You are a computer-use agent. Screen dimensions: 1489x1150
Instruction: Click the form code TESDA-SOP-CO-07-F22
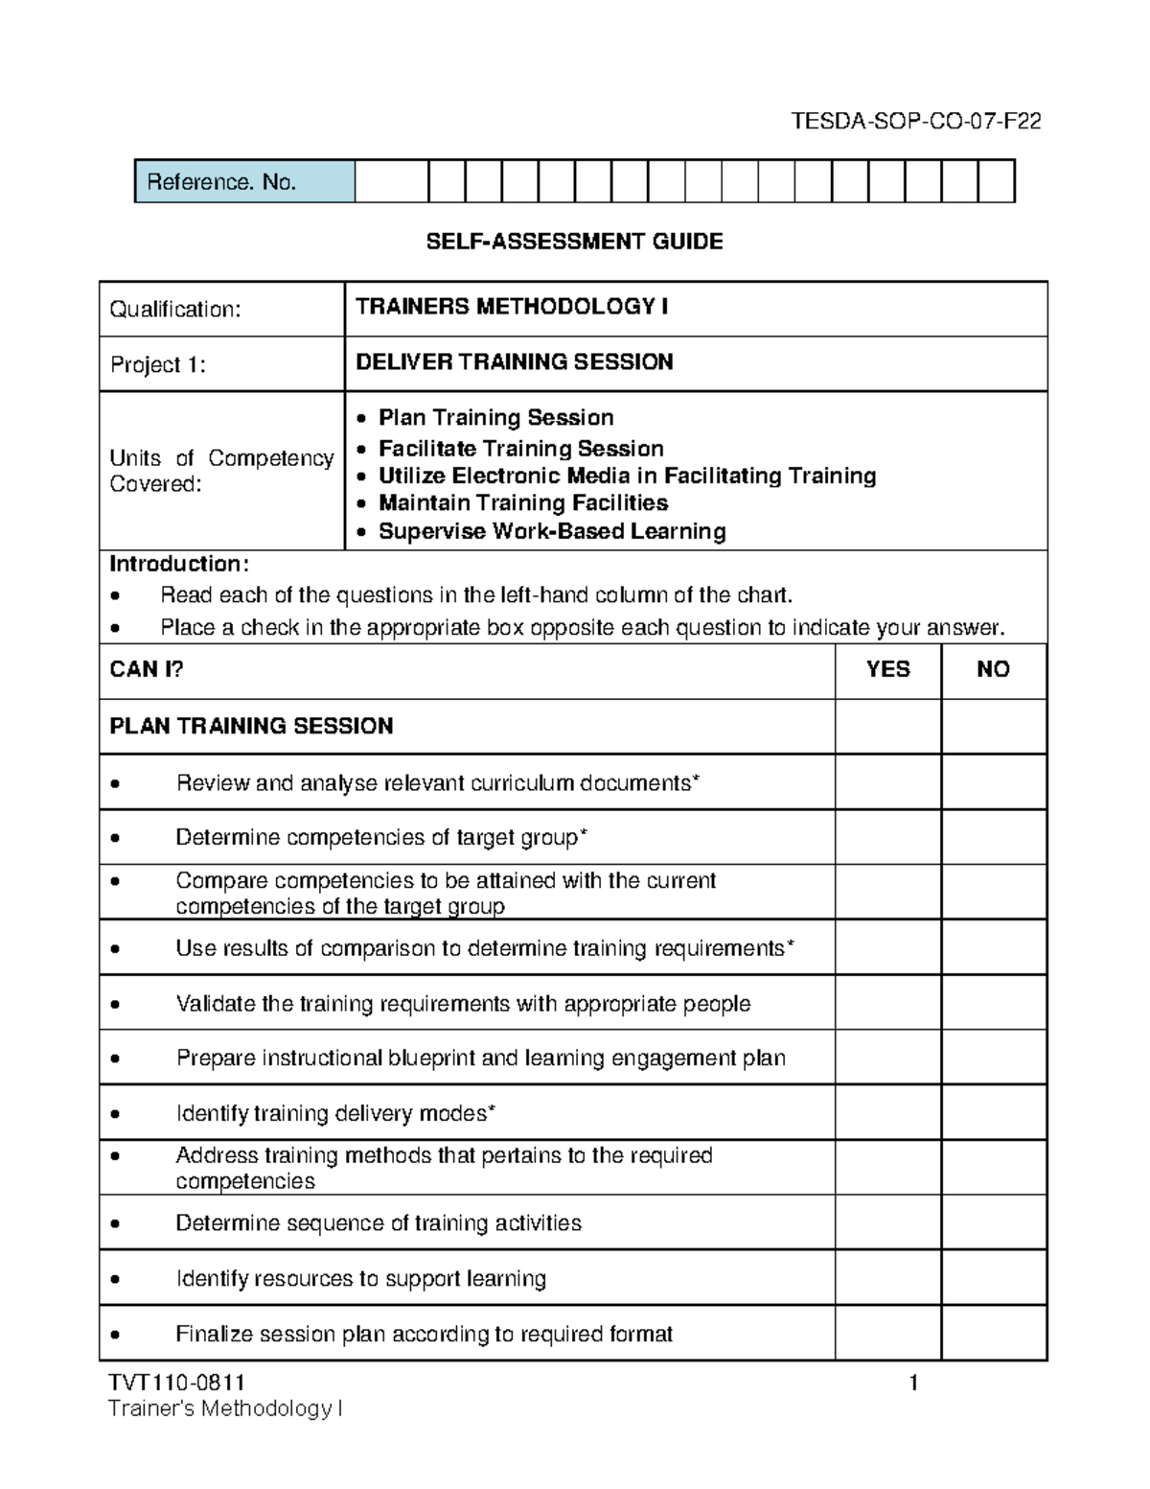click(x=915, y=122)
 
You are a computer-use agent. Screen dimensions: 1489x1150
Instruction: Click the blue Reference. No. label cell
click(x=244, y=182)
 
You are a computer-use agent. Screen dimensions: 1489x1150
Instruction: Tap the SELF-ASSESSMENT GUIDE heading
click(x=574, y=242)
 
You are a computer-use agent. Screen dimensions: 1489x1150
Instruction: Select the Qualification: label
click(x=175, y=309)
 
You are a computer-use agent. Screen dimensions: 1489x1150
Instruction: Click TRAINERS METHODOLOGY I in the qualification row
click(x=512, y=307)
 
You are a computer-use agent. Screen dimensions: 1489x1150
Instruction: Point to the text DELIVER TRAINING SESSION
click(x=514, y=362)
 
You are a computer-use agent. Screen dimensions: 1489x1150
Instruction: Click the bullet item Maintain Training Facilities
click(x=522, y=503)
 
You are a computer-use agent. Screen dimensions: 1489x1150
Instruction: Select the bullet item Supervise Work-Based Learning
click(x=551, y=531)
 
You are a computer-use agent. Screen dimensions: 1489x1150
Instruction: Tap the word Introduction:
click(x=179, y=564)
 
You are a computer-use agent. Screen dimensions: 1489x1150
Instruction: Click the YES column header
click(x=887, y=669)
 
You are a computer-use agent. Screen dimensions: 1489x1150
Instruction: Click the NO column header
click(x=993, y=669)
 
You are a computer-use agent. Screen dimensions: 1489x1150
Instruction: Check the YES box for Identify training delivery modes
click(x=887, y=1113)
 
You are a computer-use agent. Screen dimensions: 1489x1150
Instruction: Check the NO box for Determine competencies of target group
click(x=993, y=837)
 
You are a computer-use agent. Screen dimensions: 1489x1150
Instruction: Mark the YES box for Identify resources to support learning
click(x=887, y=1278)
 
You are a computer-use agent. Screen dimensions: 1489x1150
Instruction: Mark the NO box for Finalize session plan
click(x=993, y=1334)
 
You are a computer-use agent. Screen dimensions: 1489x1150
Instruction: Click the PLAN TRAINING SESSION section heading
click(x=251, y=726)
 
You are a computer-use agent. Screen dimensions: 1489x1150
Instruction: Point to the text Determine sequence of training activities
click(x=379, y=1223)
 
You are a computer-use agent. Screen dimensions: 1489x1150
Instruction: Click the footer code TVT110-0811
click(x=177, y=1383)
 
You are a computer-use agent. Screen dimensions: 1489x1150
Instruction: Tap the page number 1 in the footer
click(x=913, y=1383)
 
